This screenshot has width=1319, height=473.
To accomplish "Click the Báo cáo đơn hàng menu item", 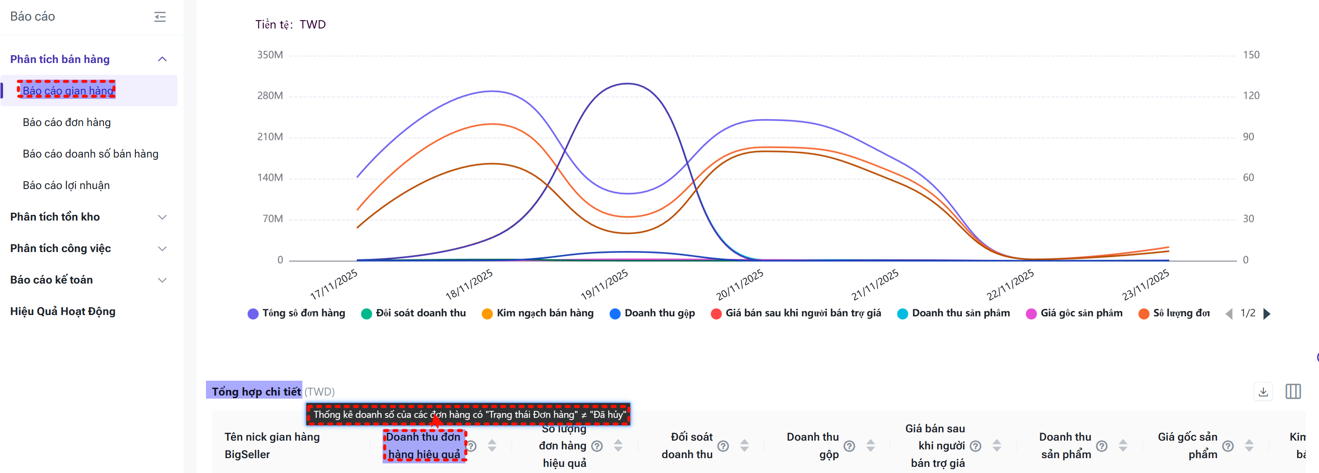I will (x=67, y=123).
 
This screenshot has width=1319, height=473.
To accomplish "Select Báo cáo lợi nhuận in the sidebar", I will (x=66, y=186).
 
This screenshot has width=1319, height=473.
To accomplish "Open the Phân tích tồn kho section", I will (x=55, y=217).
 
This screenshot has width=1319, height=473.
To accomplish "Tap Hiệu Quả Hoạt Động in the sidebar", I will (x=63, y=312).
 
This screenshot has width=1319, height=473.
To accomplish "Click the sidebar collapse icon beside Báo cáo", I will (x=160, y=17).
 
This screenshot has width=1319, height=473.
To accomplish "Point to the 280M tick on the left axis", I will (x=270, y=96).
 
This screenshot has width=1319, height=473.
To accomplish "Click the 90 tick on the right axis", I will (x=1248, y=137).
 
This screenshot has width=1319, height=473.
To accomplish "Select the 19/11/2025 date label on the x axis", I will (x=604, y=284).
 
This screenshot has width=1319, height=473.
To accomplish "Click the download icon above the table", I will (x=1262, y=392).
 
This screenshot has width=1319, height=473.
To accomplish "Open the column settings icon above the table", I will (x=1293, y=392).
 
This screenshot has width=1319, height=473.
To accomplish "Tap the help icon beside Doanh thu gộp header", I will (x=849, y=446).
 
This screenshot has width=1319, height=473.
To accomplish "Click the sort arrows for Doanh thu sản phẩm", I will (x=1123, y=446).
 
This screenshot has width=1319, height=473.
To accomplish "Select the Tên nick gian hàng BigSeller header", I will (x=272, y=446).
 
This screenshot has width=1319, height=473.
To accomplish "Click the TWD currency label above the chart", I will (x=312, y=25).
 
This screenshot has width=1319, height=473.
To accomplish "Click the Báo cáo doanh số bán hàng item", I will (x=91, y=154).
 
